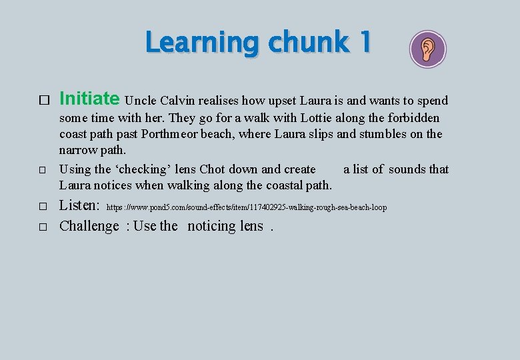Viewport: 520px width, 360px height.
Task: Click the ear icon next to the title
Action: tap(427, 49)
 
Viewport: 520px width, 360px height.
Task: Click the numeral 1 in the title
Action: tap(363, 43)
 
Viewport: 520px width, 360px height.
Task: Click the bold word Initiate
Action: tap(89, 99)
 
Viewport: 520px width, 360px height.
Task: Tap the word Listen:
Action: tap(80, 207)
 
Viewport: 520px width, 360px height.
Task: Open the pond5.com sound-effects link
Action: tap(247, 208)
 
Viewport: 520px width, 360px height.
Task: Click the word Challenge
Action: tap(89, 226)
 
